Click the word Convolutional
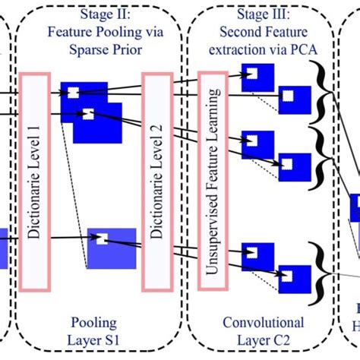263,323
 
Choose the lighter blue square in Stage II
112,248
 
